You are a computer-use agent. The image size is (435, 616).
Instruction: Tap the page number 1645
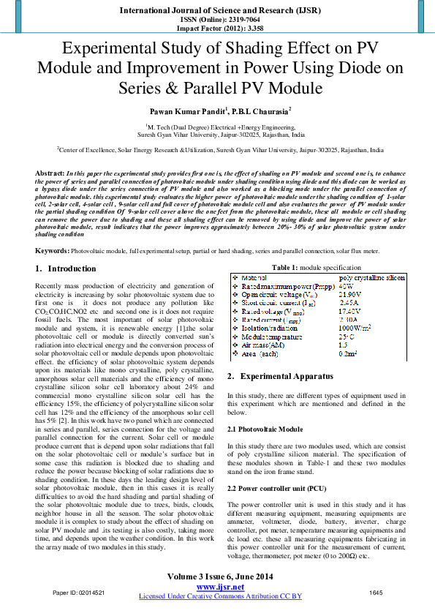(376, 592)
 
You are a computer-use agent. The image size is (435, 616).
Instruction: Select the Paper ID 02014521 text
(79, 592)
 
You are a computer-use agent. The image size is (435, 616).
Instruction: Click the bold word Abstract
(50, 173)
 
